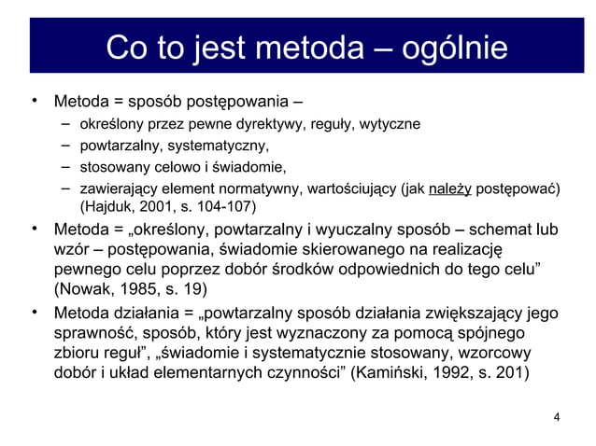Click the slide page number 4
click(x=558, y=417)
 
